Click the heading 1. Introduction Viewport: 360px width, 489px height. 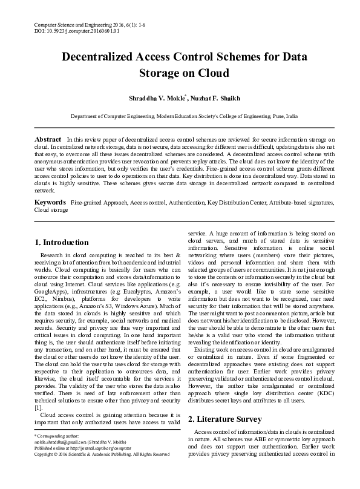coord(61,243)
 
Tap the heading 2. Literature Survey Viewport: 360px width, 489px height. coord(224,419)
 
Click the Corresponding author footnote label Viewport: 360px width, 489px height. coord(55,451)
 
